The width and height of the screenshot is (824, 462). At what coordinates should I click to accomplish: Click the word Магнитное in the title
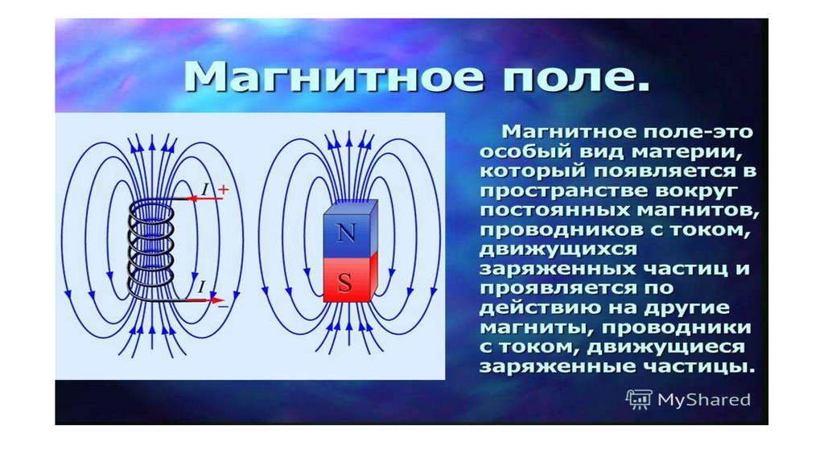[333, 78]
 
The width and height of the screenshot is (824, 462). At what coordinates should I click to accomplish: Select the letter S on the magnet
[344, 283]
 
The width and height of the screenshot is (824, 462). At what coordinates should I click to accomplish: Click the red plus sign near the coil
[224, 189]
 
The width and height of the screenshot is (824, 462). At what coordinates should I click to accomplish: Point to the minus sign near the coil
[224, 305]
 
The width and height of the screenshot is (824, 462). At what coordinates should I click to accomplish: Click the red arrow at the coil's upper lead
[205, 199]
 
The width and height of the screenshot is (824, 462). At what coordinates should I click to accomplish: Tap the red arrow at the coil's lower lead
[206, 300]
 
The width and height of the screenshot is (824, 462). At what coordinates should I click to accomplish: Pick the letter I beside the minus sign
[201, 287]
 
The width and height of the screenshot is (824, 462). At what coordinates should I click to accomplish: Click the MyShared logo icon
[638, 399]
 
